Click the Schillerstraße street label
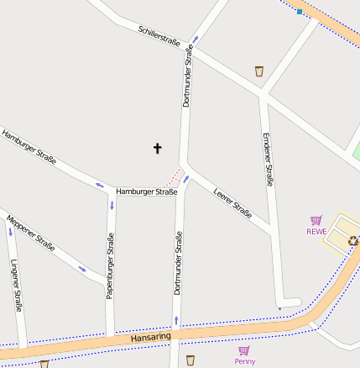[159, 36]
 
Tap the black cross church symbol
[157, 149]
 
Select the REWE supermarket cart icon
[316, 220]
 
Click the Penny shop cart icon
[244, 350]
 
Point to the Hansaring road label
[151, 337]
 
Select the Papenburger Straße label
[110, 265]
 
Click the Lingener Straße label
[15, 286]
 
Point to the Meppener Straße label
[30, 233]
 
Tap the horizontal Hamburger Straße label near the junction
[147, 192]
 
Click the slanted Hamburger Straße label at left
[29, 147]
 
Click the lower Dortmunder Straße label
[177, 265]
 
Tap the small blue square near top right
[300, 12]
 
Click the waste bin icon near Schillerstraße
[259, 71]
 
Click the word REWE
[316, 231]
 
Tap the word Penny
[244, 361]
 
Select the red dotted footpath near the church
[172, 178]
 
